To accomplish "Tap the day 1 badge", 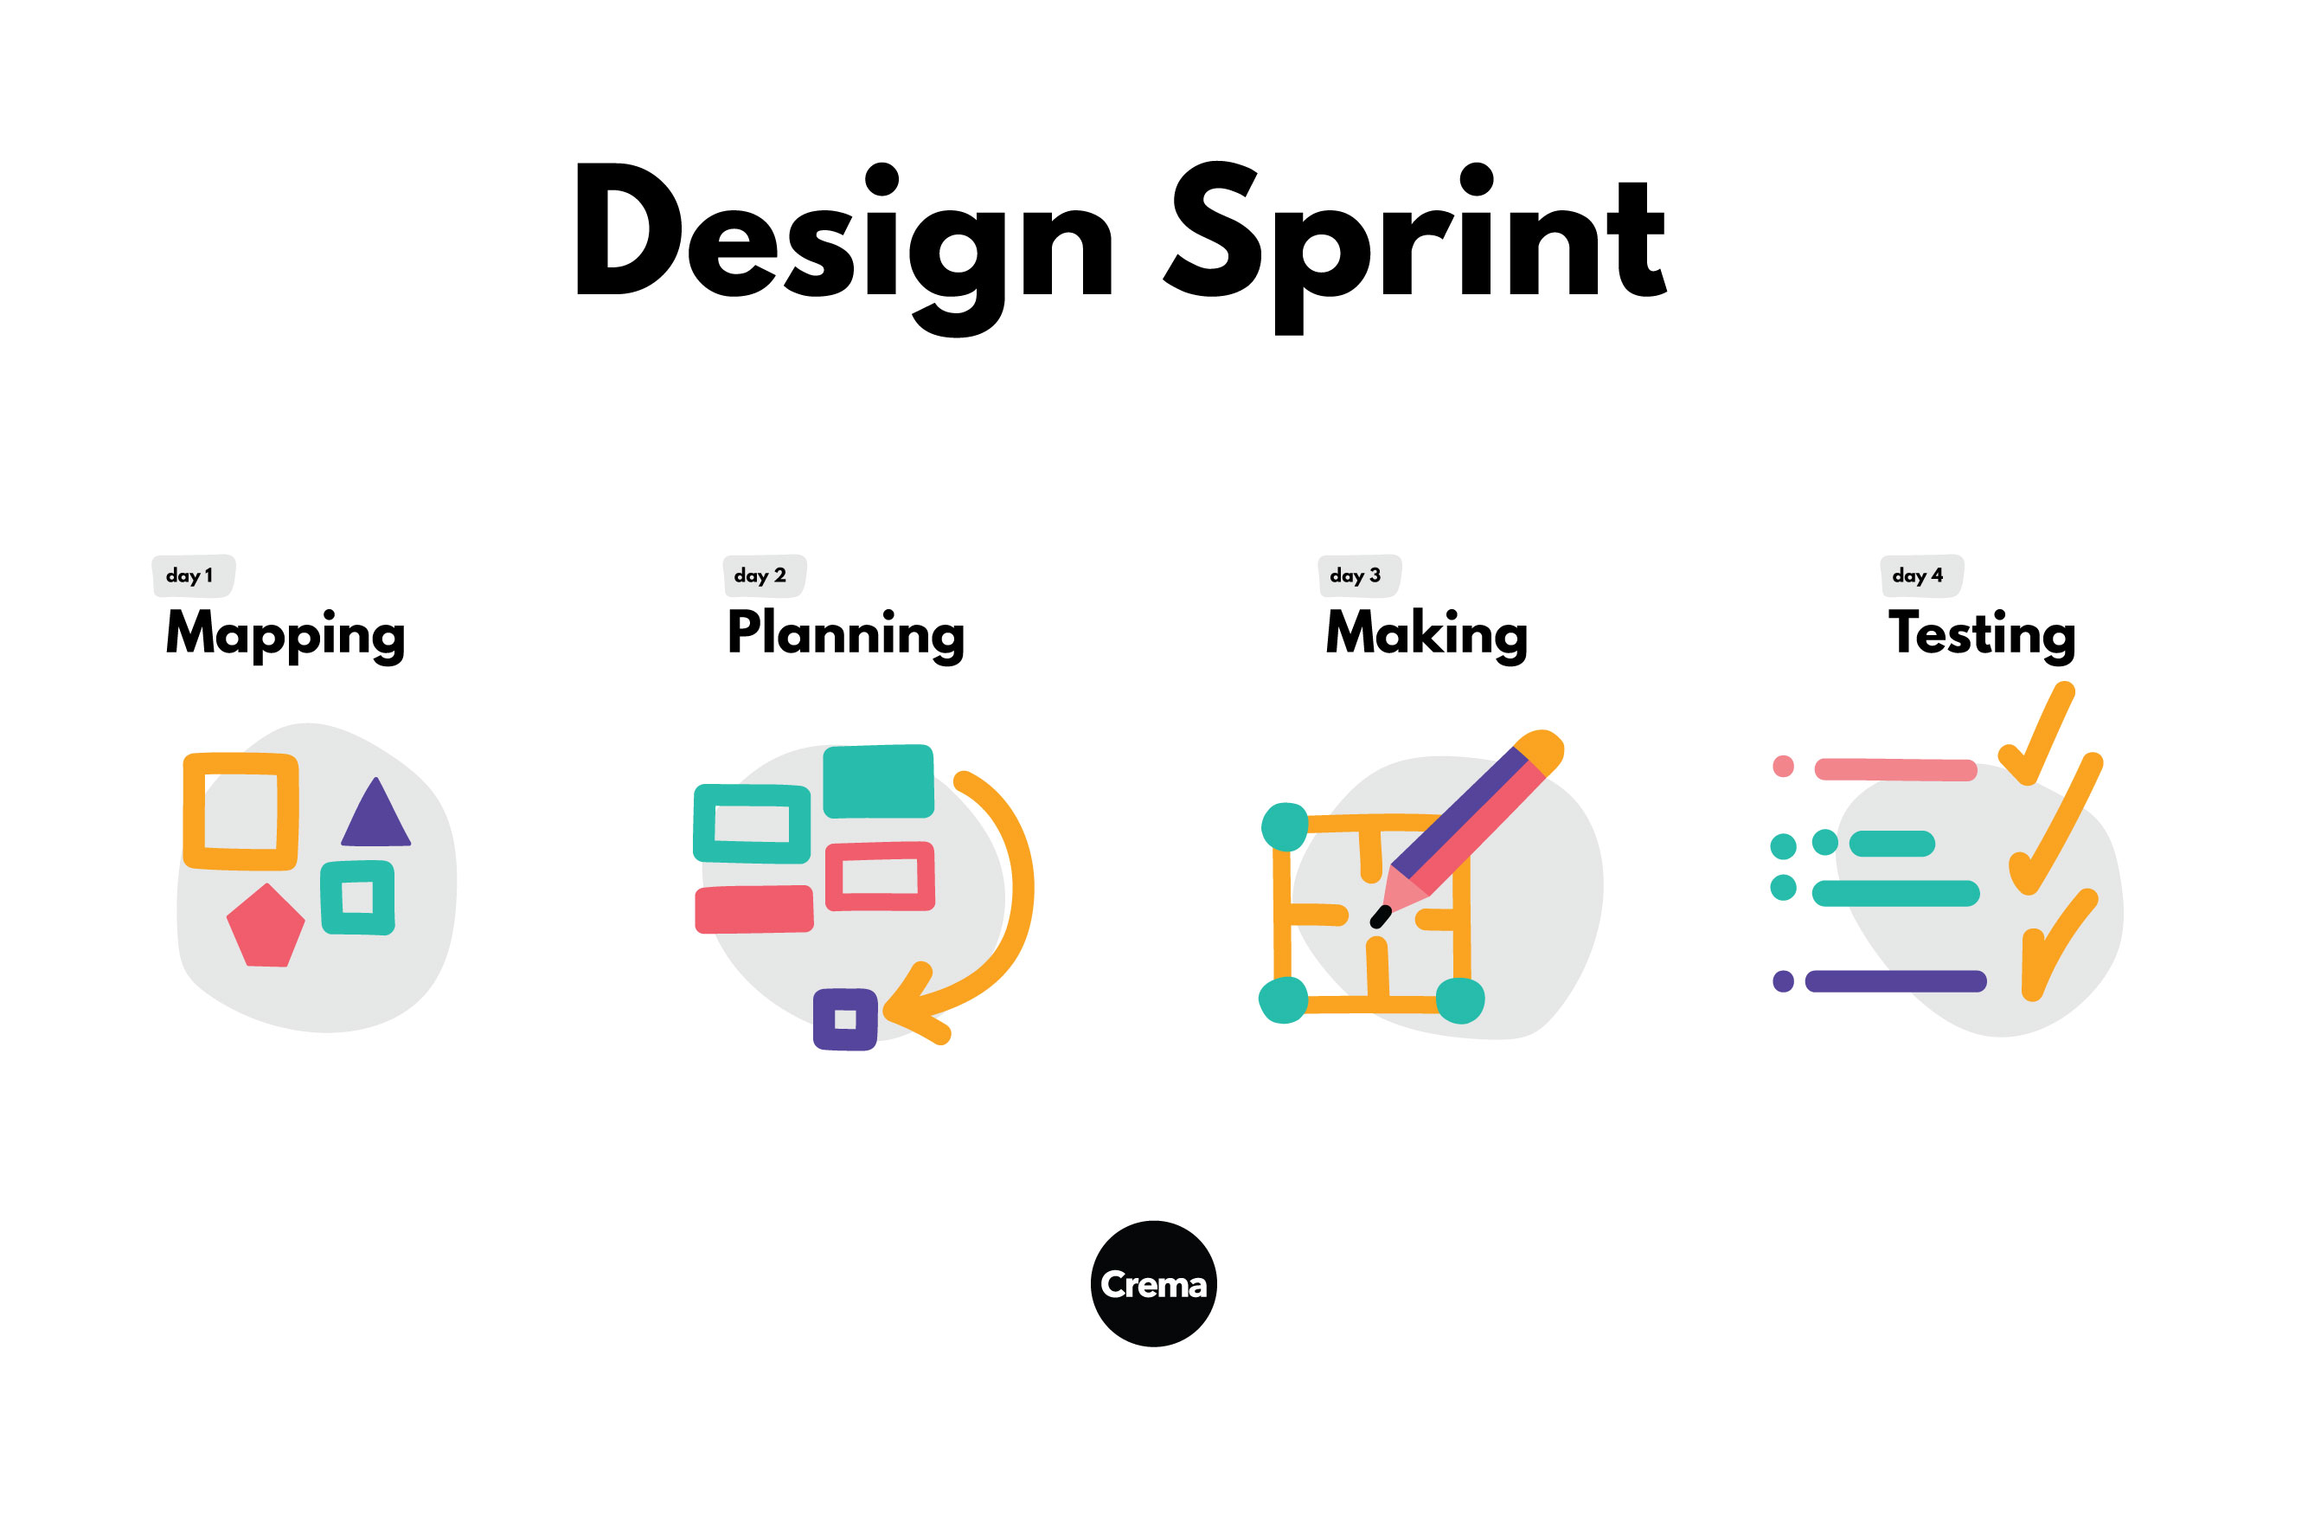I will pos(192,575).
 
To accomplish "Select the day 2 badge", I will pos(763,575).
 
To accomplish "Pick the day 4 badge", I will pos(1920,575).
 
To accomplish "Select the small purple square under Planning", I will pos(844,1018).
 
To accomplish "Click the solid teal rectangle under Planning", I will pos(878,780).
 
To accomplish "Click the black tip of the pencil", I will pos(1380,915).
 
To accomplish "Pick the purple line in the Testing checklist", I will pos(1894,980).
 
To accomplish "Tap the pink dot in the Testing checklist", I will pos(1782,767).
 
